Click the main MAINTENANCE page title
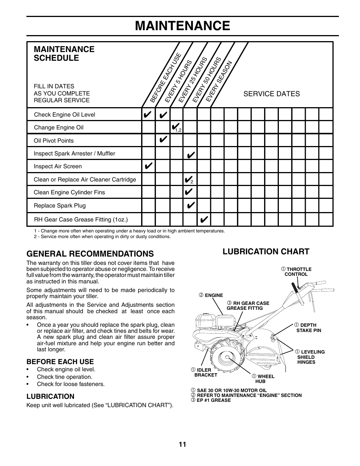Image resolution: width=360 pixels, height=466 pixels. (x=182, y=26)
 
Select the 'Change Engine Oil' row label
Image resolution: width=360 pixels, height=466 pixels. (x=58, y=128)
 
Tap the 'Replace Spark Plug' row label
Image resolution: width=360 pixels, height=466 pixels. (x=60, y=206)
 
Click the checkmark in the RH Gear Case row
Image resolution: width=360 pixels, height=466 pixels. (x=204, y=219)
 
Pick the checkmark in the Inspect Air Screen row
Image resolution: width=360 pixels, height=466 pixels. (x=148, y=166)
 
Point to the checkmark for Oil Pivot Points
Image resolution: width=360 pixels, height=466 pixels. (x=163, y=140)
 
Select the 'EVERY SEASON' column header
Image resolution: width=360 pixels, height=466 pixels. (x=219, y=81)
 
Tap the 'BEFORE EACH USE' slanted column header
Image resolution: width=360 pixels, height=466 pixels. (x=166, y=78)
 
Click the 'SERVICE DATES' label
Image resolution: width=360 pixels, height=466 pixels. (x=271, y=94)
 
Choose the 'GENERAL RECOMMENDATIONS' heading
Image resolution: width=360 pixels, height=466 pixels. (x=90, y=254)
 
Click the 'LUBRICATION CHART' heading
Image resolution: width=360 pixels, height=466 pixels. (x=266, y=252)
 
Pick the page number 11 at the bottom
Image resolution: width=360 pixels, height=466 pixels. (x=183, y=444)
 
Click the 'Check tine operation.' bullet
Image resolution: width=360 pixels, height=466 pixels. (x=64, y=377)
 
